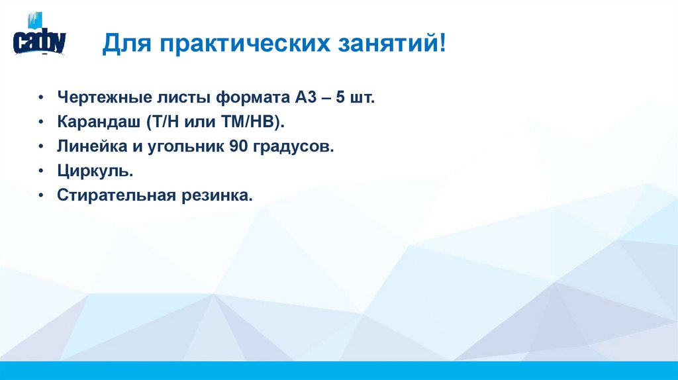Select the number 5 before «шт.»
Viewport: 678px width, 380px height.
[341, 99]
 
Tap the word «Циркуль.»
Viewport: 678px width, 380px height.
[86, 171]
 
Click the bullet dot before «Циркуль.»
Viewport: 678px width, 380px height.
[42, 171]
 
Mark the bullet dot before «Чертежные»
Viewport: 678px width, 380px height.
[42, 99]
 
